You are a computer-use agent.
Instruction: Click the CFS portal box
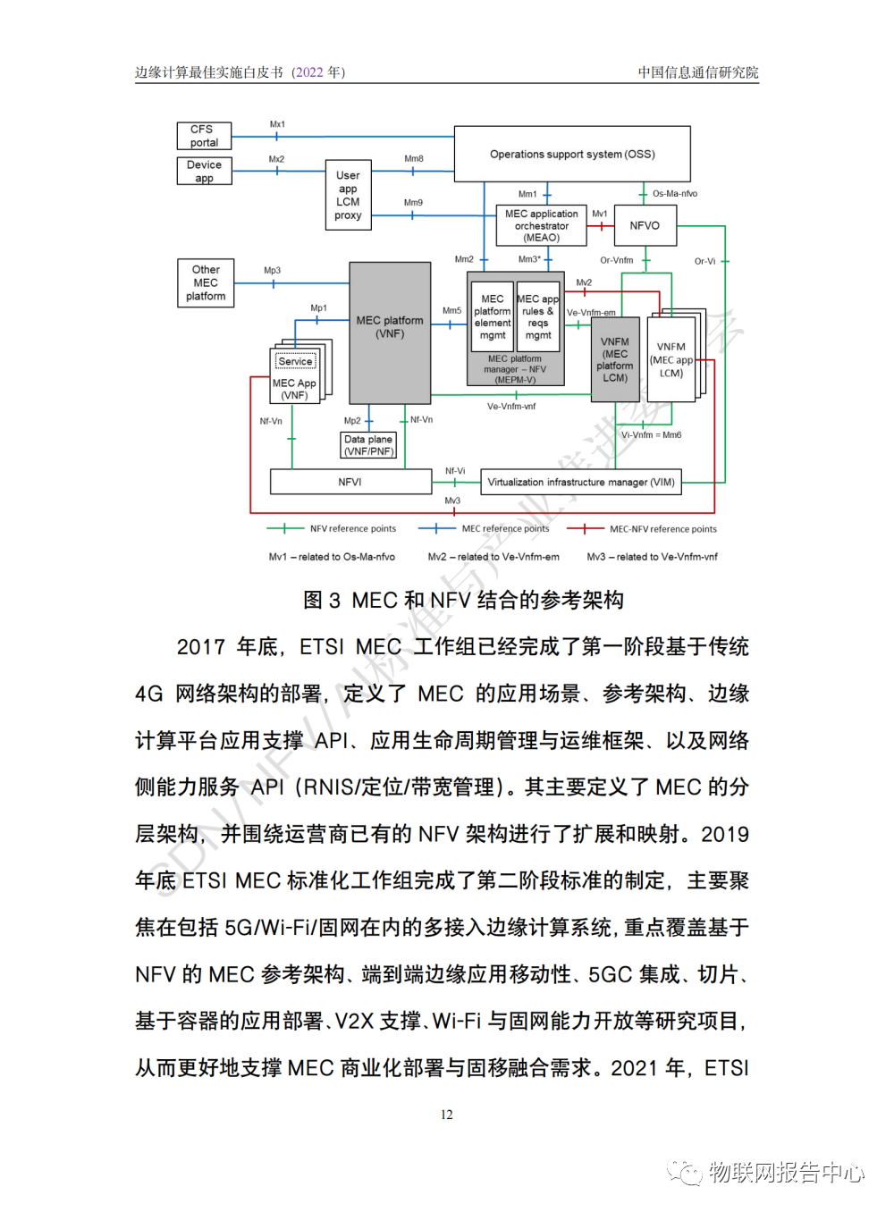[204, 136]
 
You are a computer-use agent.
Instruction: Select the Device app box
[204, 171]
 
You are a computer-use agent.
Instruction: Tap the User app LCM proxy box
[348, 195]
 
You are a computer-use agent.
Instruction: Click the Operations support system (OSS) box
[572, 154]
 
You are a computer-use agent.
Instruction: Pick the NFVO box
[645, 225]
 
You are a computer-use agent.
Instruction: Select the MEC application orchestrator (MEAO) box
[541, 225]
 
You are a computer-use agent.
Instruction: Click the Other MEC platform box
[206, 282]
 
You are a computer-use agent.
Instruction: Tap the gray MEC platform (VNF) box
[390, 332]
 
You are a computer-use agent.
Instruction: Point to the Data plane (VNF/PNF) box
[368, 445]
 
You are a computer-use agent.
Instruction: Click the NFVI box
[350, 482]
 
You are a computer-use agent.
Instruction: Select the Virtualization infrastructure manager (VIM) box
[581, 482]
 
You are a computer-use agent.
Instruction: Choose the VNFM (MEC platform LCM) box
[615, 359]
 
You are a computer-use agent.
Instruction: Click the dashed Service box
[295, 361]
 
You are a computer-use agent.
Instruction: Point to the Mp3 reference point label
[272, 270]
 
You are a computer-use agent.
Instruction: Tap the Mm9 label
[413, 203]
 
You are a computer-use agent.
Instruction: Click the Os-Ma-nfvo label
[675, 193]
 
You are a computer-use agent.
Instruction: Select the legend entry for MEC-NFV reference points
[662, 529]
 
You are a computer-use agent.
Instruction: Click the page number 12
[447, 1115]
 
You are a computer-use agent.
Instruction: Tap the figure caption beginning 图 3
[463, 600]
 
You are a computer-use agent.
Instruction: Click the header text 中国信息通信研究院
[697, 72]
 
